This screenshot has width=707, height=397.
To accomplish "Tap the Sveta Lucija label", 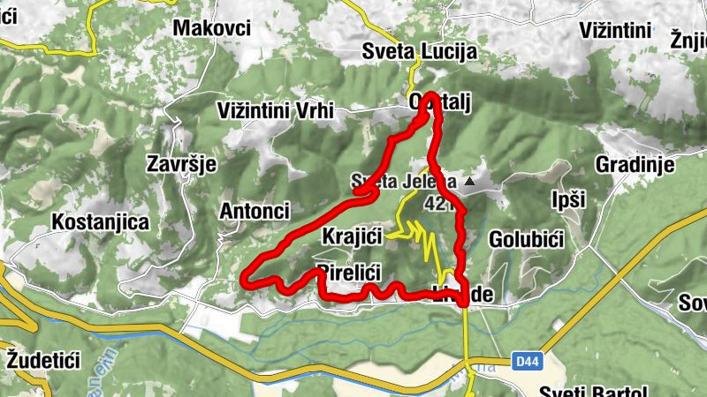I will point(419,52).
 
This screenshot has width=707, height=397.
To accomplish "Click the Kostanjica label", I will point(100,221).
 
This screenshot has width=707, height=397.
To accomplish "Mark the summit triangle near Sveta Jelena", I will point(469,183).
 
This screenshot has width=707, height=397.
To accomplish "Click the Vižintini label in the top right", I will point(616,30).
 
